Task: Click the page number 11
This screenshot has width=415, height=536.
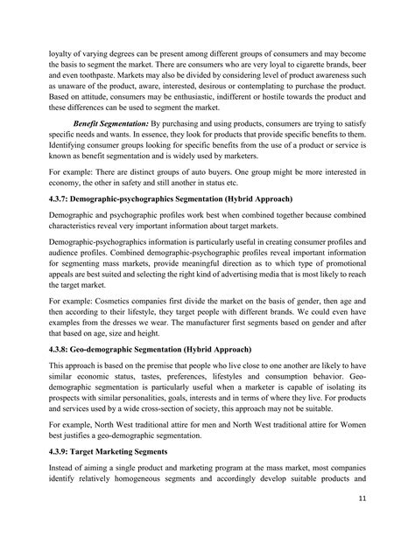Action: [386, 499]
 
